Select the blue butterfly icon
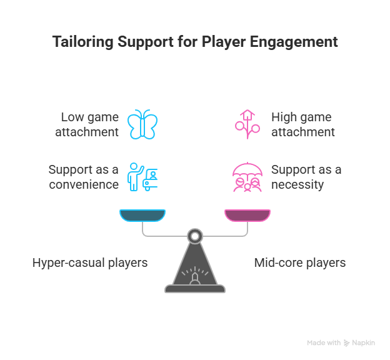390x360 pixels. pyautogui.click(x=142, y=124)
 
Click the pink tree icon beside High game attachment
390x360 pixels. pyautogui.click(x=247, y=124)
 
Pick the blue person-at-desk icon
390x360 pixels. pyautogui.click(x=142, y=177)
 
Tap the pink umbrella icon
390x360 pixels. pyautogui.click(x=247, y=177)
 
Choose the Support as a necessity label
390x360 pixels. pyautogui.click(x=306, y=177)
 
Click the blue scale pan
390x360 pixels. pyautogui.click(x=142, y=216)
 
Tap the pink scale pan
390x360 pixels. pyautogui.click(x=247, y=216)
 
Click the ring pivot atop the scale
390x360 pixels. pyautogui.click(x=195, y=236)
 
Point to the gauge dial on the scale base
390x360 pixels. pyautogui.click(x=195, y=274)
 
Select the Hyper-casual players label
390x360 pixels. pyautogui.click(x=90, y=262)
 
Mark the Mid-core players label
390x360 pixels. pyautogui.click(x=299, y=262)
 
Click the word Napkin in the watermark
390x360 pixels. pyautogui.click(x=363, y=343)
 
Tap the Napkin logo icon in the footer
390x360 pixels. pyautogui.click(x=347, y=343)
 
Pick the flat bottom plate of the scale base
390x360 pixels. pyautogui.click(x=195, y=289)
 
